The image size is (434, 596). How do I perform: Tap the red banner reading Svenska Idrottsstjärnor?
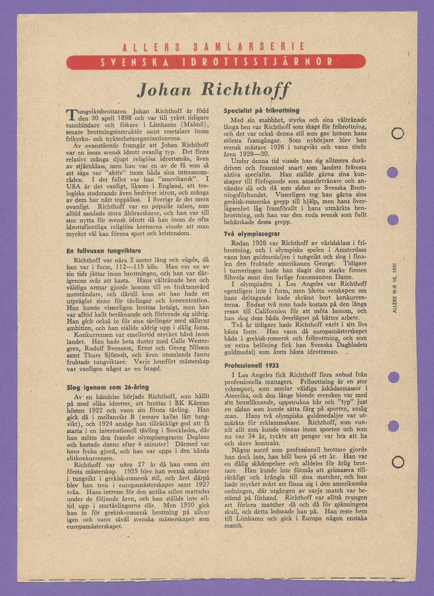click(x=216, y=62)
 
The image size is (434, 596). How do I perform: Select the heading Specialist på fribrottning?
click(x=261, y=110)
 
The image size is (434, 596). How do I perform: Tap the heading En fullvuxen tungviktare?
click(x=105, y=251)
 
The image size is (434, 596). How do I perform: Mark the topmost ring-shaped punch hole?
click(x=397, y=133)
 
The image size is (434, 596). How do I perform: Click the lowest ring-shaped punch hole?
click(x=397, y=462)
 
